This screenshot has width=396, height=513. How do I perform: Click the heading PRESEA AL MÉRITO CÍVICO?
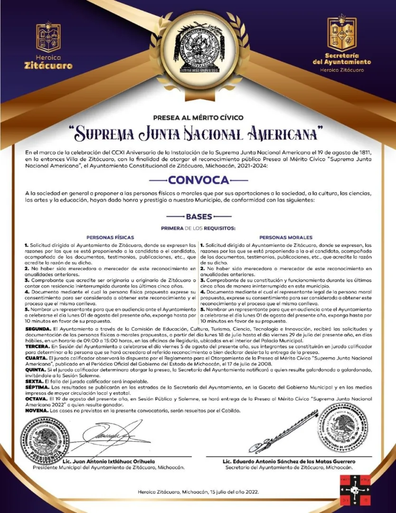coord(198,117)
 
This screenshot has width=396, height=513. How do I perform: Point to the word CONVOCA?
coord(198,180)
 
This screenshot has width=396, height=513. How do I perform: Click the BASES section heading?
coord(198,217)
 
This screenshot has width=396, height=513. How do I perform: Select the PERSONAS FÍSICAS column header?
coord(110,237)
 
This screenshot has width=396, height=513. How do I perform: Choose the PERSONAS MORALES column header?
coord(286,237)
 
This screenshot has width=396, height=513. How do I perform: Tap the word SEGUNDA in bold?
coord(38,329)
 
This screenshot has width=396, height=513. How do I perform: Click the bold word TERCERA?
coord(38,347)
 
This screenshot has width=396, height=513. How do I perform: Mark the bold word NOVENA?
coord(37,410)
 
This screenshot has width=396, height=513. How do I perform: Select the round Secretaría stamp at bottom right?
coord(342,427)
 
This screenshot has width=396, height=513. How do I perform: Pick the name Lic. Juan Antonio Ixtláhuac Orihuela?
coord(109,461)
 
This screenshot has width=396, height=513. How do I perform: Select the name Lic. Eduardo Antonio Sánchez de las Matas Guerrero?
coord(289,461)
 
